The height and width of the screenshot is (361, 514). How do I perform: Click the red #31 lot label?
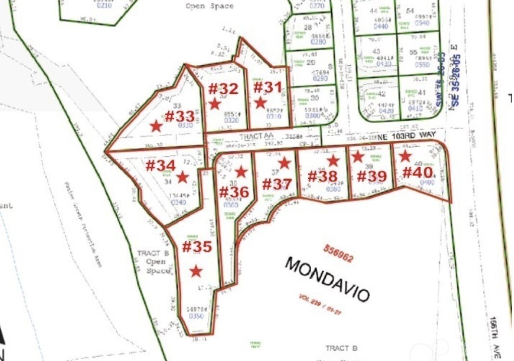267,88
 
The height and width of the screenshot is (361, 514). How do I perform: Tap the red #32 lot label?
223,89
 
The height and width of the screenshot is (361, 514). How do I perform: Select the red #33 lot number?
180,116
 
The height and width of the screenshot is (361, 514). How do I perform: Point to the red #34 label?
160,166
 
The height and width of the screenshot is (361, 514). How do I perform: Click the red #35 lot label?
197,247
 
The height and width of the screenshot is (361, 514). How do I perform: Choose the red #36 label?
234,192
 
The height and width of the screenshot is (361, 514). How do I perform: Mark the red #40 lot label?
418,172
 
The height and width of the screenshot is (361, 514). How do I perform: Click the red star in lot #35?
196,271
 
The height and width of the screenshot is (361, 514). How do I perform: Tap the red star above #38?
333,161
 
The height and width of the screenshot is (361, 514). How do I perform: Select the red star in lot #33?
156,126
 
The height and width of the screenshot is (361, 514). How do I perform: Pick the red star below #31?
260,103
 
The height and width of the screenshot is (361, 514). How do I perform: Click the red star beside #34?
182,177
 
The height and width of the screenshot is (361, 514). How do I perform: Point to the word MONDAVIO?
327,279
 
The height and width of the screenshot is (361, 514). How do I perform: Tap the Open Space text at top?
209,6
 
